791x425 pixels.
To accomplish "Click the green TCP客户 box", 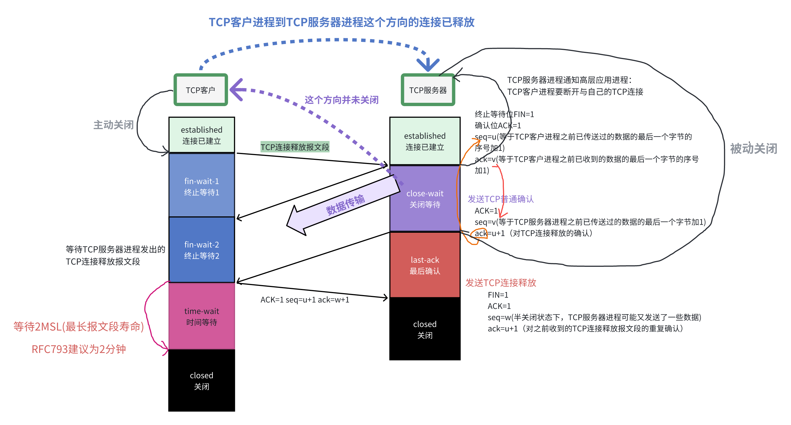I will coord(200,90).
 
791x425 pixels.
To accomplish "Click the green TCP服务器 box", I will coord(428,90).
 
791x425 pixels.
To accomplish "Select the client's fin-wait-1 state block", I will coord(201,186).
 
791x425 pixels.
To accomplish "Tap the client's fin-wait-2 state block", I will coord(201,250).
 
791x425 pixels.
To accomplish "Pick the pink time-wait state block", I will coord(201,316).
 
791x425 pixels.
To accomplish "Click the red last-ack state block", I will coord(425,265).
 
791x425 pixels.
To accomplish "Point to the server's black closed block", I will coord(425,329).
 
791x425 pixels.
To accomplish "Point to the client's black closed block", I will coord(201,380).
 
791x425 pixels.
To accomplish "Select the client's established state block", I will coord(201,135).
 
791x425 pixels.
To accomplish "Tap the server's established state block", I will coord(425,141).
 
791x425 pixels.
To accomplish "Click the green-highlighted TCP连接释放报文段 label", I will coord(295,147).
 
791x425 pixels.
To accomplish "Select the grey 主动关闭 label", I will coord(113,125).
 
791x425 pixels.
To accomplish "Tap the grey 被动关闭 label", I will coord(753,149).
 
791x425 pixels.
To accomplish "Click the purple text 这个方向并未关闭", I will coord(341,100).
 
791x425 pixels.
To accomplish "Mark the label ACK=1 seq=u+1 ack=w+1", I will coord(305,300).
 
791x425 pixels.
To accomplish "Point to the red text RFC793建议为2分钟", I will coord(79,349).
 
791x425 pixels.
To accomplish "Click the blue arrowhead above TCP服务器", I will coord(428,65).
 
